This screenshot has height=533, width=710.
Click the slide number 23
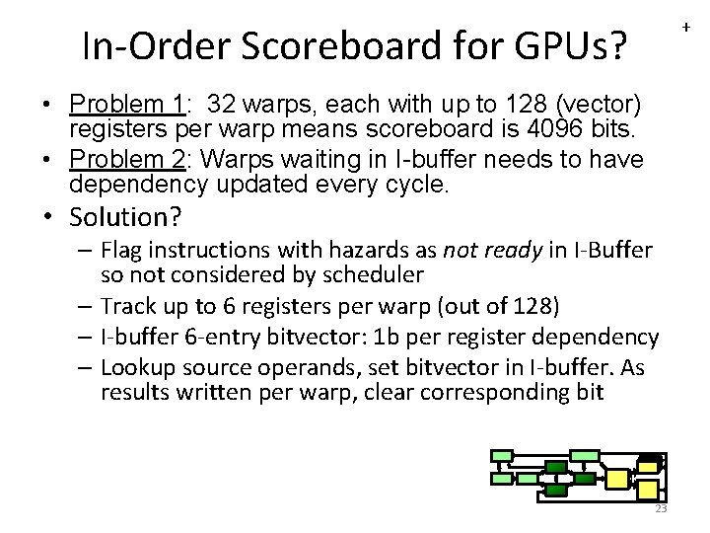pos(661,508)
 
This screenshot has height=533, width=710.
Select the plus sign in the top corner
pos(686,28)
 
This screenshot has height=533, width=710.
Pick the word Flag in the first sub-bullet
pos(123,250)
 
